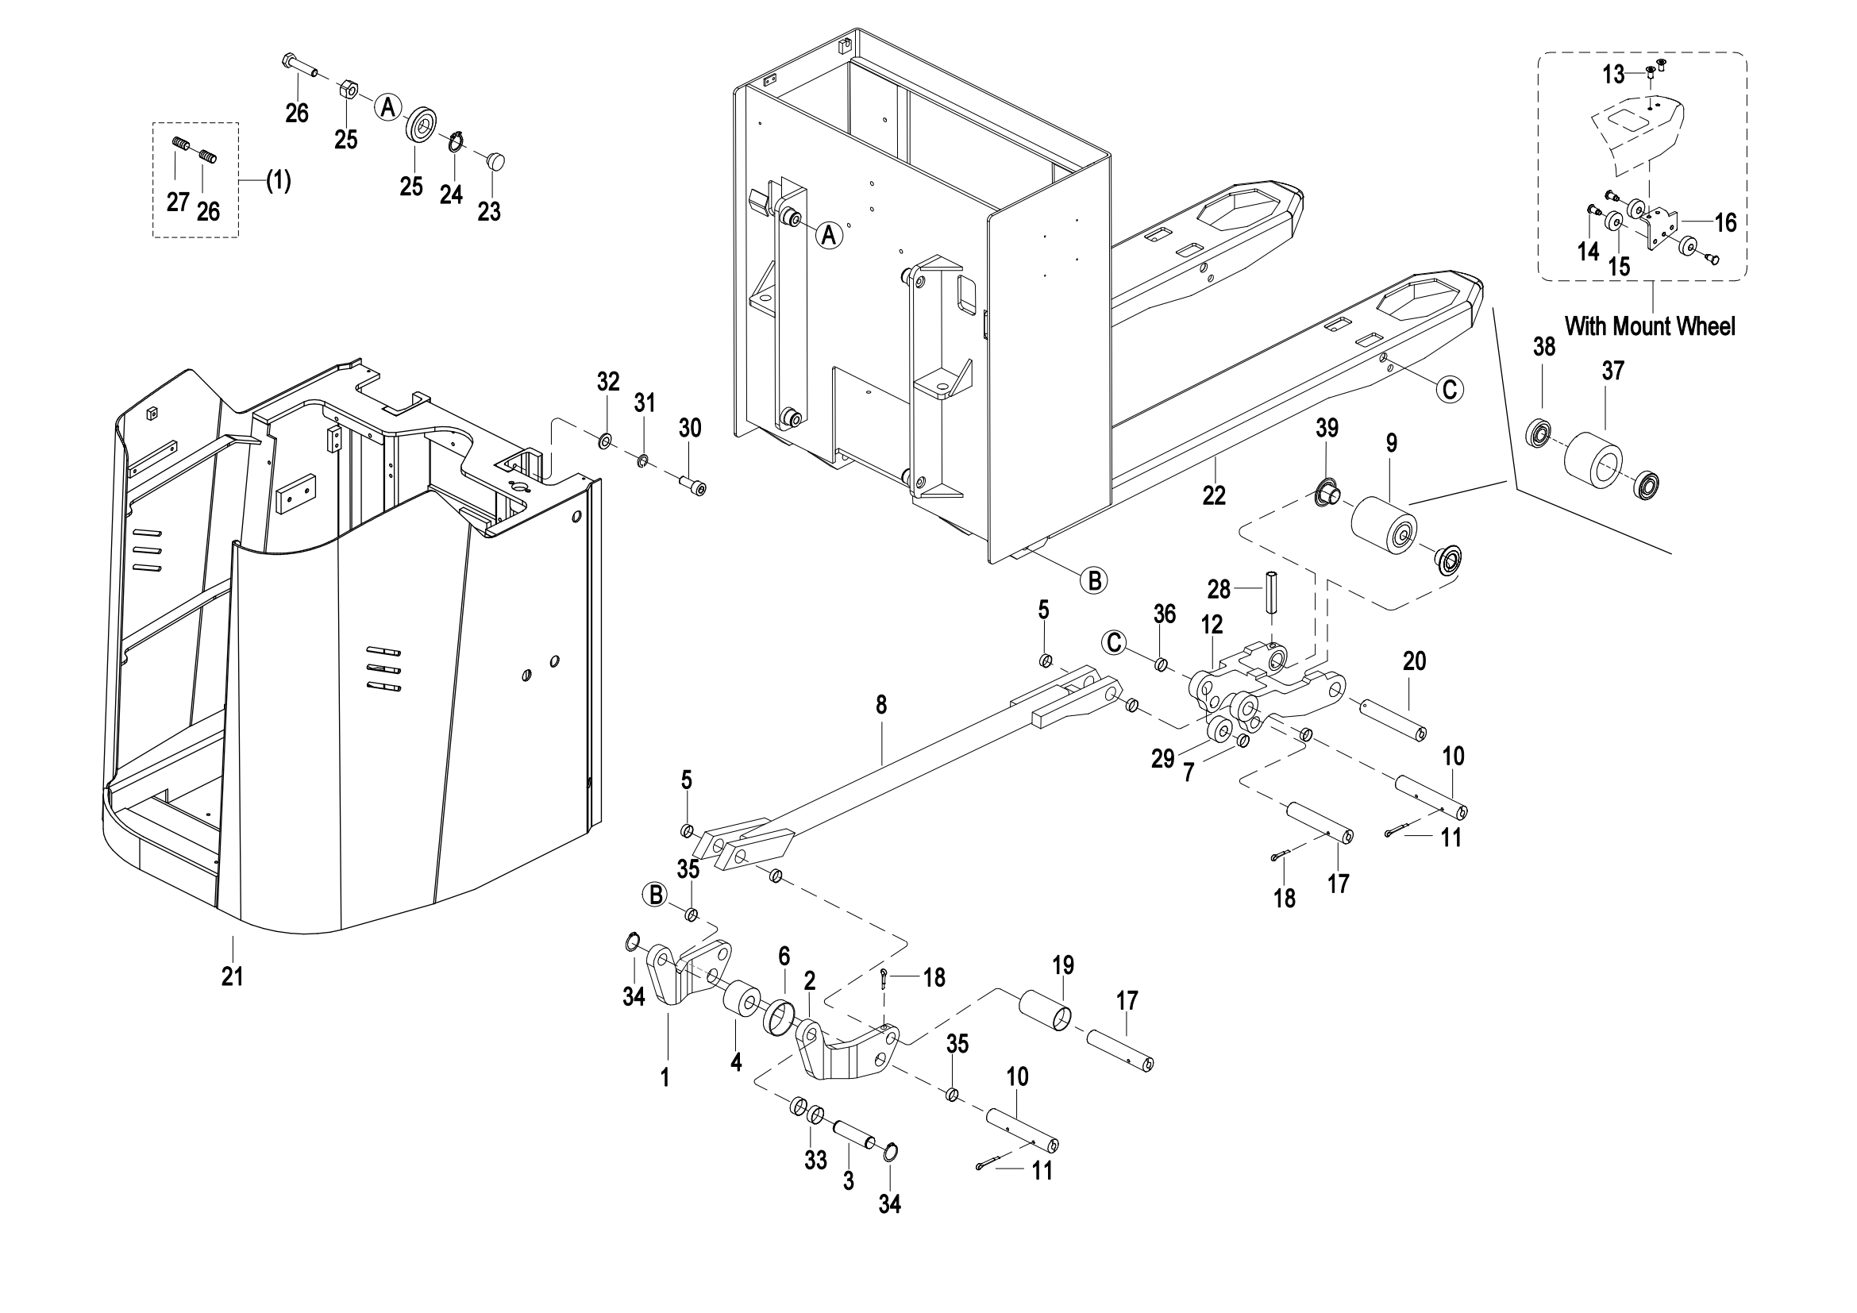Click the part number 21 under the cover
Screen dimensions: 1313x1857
point(232,976)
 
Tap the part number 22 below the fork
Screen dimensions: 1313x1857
point(1214,495)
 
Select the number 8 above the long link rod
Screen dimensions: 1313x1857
point(880,705)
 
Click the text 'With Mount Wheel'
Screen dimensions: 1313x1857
point(1650,326)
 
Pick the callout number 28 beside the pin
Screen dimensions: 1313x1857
point(1218,589)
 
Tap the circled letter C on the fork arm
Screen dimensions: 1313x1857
point(1451,390)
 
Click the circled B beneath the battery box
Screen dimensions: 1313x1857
point(1093,579)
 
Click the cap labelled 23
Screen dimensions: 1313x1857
point(495,160)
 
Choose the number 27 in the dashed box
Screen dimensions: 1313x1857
point(177,202)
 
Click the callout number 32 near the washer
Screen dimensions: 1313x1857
point(608,382)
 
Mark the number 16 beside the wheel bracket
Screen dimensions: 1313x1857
point(1725,222)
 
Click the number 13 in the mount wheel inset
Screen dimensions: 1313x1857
point(1612,75)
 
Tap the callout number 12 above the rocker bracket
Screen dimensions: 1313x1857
point(1212,624)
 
